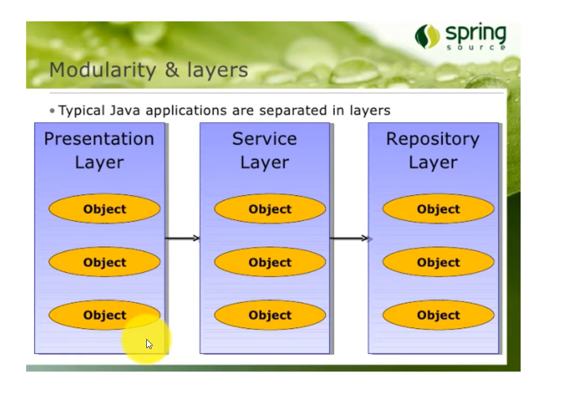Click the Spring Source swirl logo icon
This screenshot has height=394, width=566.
(427, 36)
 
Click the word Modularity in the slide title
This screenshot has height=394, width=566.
(103, 70)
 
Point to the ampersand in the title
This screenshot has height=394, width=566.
(172, 69)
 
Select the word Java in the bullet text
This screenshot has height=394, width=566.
(125, 111)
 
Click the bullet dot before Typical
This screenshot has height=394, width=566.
(52, 111)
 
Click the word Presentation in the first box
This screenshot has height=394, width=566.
(99, 139)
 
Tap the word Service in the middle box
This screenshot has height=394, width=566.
(265, 139)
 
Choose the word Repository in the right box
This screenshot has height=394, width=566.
(433, 139)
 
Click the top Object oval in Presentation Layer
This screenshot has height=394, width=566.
(105, 209)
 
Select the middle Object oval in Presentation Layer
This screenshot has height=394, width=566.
(105, 262)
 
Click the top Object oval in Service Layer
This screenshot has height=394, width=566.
(270, 209)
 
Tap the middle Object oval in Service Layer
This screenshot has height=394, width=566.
(270, 262)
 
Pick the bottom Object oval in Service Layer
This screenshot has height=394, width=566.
(270, 315)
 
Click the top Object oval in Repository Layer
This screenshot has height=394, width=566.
(438, 209)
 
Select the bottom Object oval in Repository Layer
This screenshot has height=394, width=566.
(438, 315)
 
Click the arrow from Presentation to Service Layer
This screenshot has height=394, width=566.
(182, 238)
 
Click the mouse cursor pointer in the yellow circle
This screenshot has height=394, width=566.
(150, 344)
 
